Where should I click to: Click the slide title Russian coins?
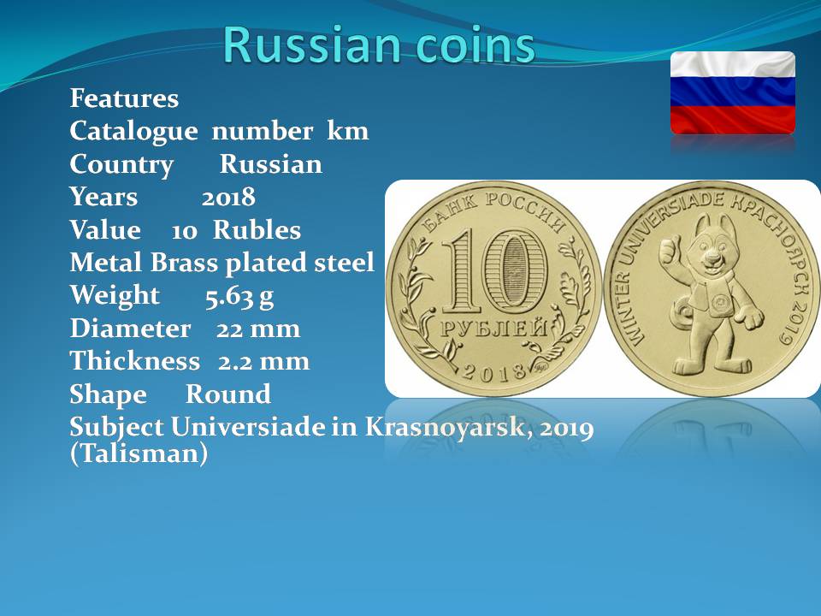(379, 44)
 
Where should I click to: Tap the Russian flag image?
(733, 92)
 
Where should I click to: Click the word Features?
(124, 98)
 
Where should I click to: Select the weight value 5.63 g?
(239, 296)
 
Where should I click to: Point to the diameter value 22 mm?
(258, 329)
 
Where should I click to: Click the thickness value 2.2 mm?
(264, 361)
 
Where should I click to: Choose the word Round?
(228, 394)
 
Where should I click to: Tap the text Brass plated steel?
(263, 263)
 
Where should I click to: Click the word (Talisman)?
(139, 453)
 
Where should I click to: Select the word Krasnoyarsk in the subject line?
(444, 427)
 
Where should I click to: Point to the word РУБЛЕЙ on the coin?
(493, 328)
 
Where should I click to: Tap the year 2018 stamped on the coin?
(493, 371)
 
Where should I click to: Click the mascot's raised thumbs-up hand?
(669, 250)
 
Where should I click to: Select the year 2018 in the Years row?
(228, 198)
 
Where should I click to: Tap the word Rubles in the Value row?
(257, 230)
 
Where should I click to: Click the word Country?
(121, 165)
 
